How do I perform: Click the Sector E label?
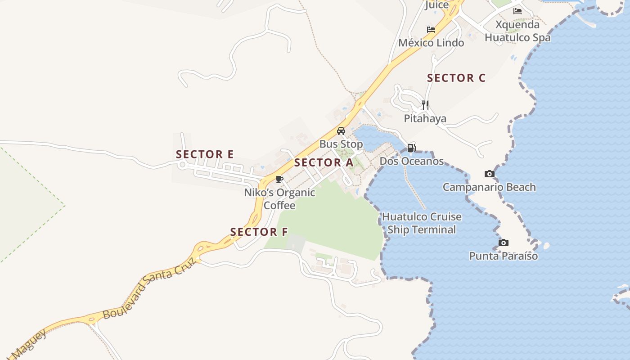tap(205, 154)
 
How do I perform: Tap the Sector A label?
tap(324, 163)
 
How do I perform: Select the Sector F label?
tap(259, 232)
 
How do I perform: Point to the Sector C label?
tap(456, 78)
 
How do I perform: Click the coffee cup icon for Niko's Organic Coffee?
tap(279, 179)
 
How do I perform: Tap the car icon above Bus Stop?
tap(341, 131)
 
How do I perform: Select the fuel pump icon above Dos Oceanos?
tap(411, 148)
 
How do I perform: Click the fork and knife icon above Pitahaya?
tap(425, 105)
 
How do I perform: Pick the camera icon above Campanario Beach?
tap(490, 174)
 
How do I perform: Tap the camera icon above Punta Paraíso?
tap(504, 243)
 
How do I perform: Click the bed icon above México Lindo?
tap(431, 30)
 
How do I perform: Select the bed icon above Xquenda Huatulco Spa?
tap(517, 11)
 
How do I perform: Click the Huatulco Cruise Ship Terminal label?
tap(422, 223)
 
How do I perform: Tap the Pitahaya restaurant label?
tap(425, 119)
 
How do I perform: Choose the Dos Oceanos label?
tap(412, 161)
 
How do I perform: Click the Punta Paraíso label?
tap(504, 256)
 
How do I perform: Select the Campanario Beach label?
tap(489, 187)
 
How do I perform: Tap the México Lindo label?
tap(431, 43)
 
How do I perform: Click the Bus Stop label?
tap(341, 144)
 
